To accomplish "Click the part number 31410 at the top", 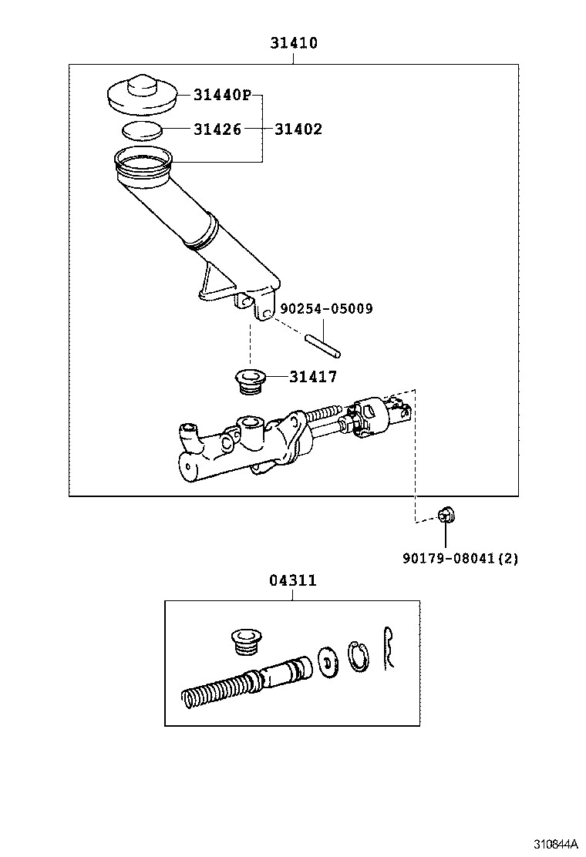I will pyautogui.click(x=293, y=44).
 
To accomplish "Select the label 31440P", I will pyautogui.click(x=222, y=95).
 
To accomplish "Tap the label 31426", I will pyautogui.click(x=217, y=129).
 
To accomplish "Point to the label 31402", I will pyautogui.click(x=298, y=129).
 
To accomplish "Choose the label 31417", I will pyautogui.click(x=313, y=377).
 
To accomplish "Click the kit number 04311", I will pyautogui.click(x=292, y=580).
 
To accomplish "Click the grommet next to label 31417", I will pyautogui.click(x=249, y=381).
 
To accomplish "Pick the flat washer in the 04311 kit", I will pyautogui.click(x=326, y=660).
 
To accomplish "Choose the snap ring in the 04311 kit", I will pyautogui.click(x=357, y=657).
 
